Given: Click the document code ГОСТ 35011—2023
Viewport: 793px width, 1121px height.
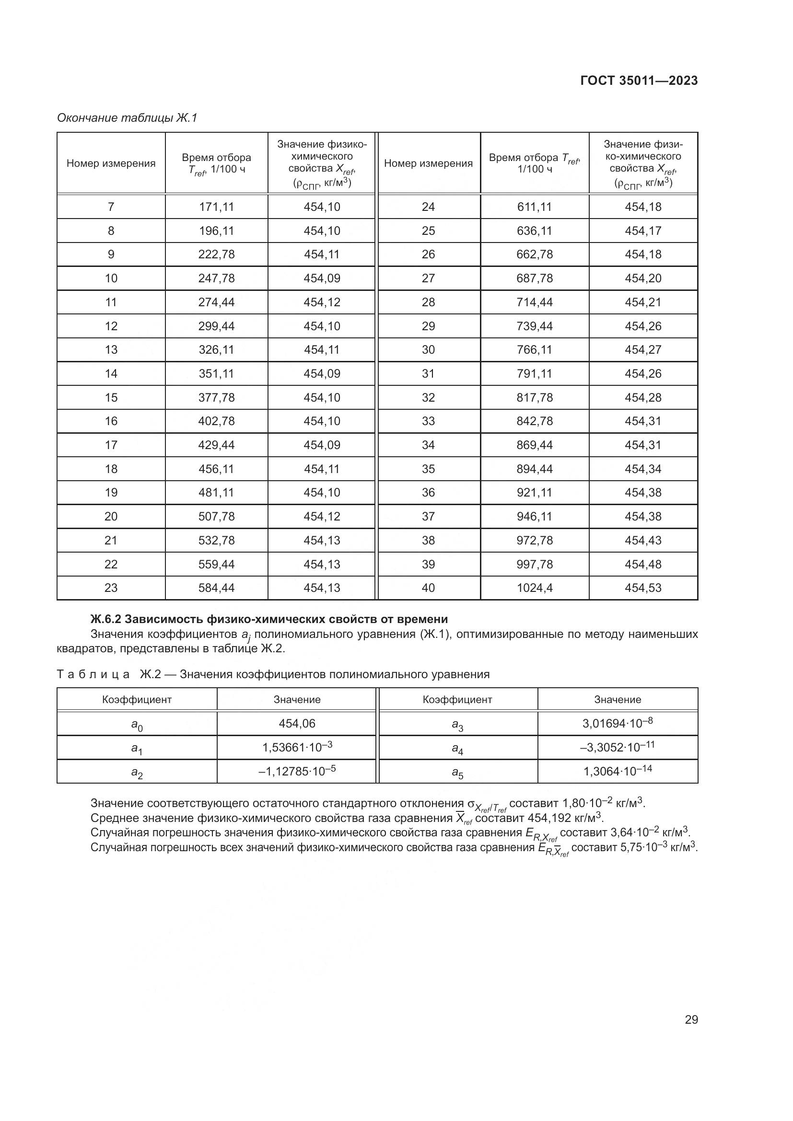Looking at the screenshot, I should [639, 81].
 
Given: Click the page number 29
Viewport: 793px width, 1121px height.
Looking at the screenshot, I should [691, 1019].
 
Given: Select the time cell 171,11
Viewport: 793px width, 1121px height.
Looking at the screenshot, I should [216, 207].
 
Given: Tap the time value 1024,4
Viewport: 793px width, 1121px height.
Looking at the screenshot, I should [534, 588].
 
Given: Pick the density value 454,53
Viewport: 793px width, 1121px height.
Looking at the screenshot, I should [642, 588].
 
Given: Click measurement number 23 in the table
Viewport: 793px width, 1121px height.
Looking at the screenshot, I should [111, 588].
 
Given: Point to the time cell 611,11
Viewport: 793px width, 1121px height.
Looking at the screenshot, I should [534, 207].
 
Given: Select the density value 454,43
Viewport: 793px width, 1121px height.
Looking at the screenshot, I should [642, 541].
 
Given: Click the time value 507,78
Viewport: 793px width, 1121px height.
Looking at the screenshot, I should [216, 517].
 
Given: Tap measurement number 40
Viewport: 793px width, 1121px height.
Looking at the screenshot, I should [428, 588].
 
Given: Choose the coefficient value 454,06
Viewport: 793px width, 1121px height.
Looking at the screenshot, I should [297, 724].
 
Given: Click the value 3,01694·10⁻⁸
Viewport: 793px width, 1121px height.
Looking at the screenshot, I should [617, 723].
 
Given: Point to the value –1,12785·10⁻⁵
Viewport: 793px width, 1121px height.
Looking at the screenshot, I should [297, 772].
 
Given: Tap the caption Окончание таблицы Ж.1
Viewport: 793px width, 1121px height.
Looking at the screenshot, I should [127, 118].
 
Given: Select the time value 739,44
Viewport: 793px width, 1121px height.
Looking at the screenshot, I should [534, 326].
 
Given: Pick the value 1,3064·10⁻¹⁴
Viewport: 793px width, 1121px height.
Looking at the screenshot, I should [617, 772].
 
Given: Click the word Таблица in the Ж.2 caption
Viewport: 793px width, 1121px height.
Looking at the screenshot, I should [93, 675].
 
